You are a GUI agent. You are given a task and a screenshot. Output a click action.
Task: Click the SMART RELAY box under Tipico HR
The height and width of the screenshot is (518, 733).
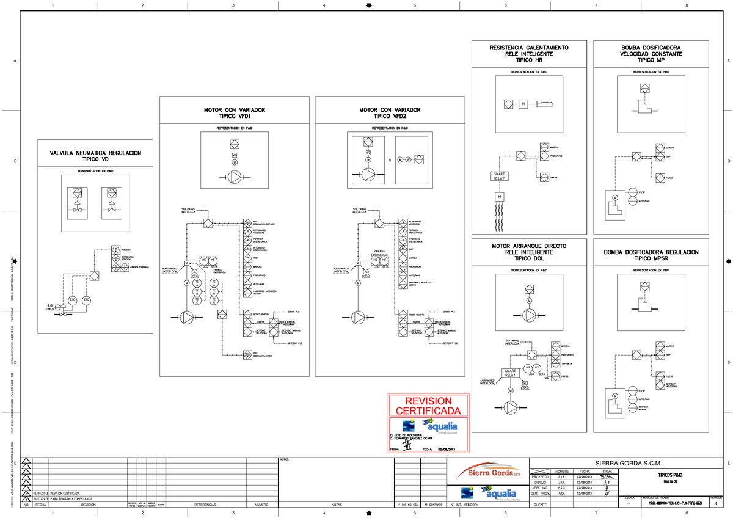click(x=500, y=177)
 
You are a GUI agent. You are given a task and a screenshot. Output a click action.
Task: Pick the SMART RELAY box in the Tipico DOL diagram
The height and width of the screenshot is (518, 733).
click(x=511, y=373)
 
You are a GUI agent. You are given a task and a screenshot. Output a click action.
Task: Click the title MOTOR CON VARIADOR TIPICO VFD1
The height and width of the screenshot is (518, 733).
click(x=236, y=112)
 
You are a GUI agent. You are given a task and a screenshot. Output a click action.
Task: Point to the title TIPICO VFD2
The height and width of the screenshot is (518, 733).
click(x=390, y=116)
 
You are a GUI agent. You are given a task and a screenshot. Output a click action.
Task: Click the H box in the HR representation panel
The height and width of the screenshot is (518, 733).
click(x=523, y=104)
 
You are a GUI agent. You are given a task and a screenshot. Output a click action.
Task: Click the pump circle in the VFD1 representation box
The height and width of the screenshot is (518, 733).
click(x=235, y=177)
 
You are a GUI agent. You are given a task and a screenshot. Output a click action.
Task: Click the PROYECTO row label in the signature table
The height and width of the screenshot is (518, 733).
click(x=540, y=476)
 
